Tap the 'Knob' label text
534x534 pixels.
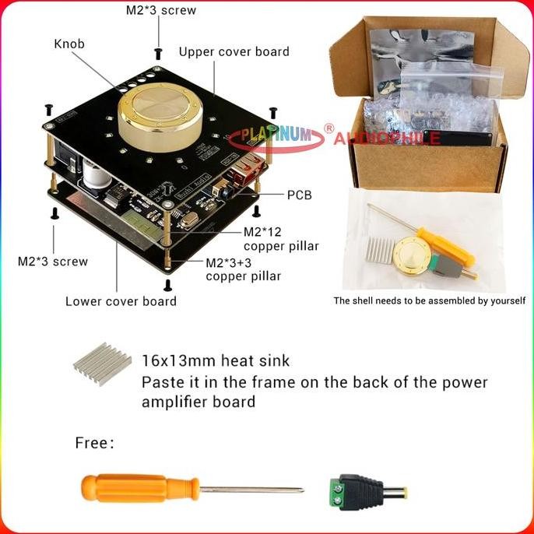69,44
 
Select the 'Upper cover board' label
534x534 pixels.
234,52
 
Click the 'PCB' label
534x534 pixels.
299,195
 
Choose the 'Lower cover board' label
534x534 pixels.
121,301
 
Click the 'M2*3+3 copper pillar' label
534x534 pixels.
242,269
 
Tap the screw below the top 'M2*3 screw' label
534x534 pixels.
159,52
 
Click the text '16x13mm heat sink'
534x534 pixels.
216,360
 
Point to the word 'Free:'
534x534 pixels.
95,443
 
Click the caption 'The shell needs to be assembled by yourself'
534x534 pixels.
429,300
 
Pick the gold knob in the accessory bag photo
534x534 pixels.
413,254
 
